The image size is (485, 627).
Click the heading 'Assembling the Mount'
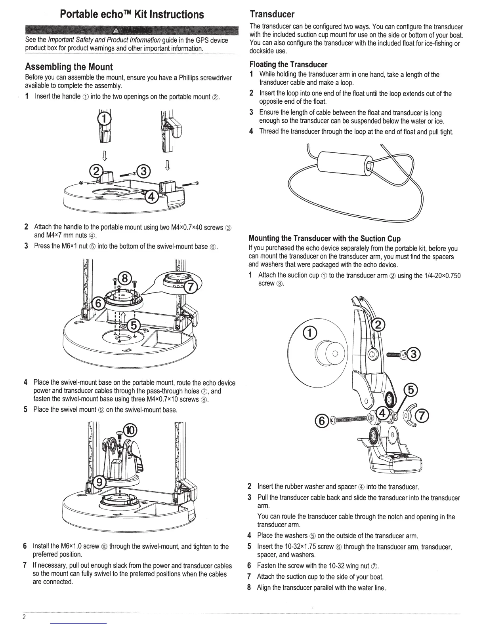[69, 67]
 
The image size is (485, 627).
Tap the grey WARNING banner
[131, 30]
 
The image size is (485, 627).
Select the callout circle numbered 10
[130, 430]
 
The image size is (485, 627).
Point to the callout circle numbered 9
[101, 482]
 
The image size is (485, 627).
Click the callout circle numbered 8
[124, 278]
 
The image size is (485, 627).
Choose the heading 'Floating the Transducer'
[288, 65]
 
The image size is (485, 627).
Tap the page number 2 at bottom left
[24, 617]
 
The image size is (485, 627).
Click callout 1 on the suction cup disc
[309, 333]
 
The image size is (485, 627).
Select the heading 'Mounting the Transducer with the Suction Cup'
[325, 239]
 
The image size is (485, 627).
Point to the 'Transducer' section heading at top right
[272, 15]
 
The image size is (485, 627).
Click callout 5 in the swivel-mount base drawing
[135, 325]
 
